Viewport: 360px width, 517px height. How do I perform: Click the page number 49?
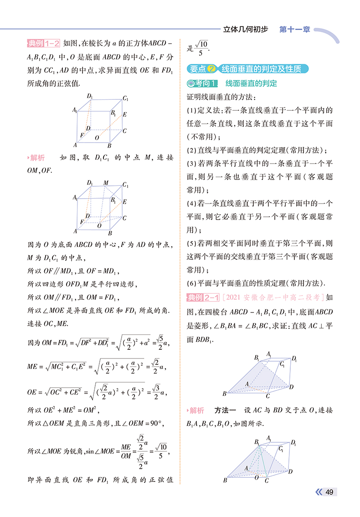point(330,492)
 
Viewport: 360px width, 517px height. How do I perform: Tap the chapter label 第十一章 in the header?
point(294,30)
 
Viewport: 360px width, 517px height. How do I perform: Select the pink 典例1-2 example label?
point(44,44)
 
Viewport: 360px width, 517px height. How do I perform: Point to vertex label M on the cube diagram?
point(106,183)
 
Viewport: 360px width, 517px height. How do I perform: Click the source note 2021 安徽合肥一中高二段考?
point(273,298)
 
